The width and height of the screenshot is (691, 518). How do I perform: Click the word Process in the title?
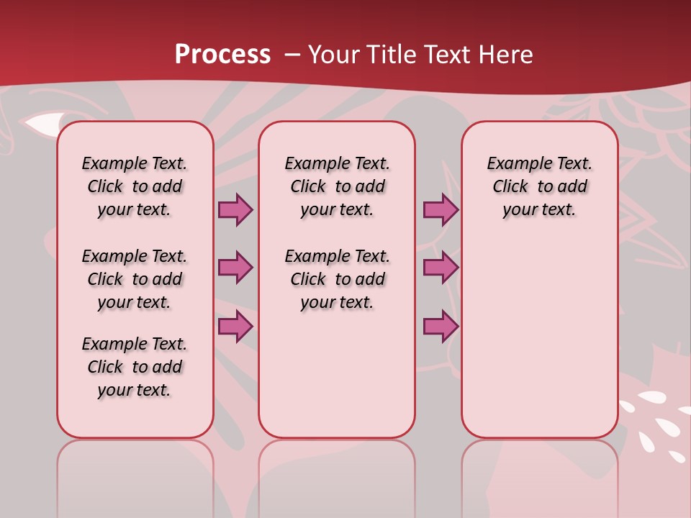point(222,55)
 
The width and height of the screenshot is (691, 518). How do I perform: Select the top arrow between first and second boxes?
point(235,209)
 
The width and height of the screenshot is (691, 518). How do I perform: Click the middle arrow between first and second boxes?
point(235,268)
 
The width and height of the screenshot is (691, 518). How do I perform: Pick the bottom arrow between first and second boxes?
point(235,326)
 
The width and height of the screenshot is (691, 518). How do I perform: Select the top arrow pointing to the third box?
point(441,209)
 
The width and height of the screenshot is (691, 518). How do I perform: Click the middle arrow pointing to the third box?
point(441,268)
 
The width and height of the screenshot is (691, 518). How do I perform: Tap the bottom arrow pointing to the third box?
point(441,326)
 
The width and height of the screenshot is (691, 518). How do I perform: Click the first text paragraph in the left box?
point(135,186)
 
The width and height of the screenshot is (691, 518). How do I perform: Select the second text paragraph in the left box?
point(135,279)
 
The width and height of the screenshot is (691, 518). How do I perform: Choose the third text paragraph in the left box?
point(135,367)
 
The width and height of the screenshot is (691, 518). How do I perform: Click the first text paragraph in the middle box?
point(337,186)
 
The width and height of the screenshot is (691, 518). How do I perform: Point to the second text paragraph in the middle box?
point(337,279)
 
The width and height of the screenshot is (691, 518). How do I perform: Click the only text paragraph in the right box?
point(539,186)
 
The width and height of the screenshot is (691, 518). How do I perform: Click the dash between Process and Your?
point(292,55)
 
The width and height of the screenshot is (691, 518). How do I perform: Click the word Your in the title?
point(334,55)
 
